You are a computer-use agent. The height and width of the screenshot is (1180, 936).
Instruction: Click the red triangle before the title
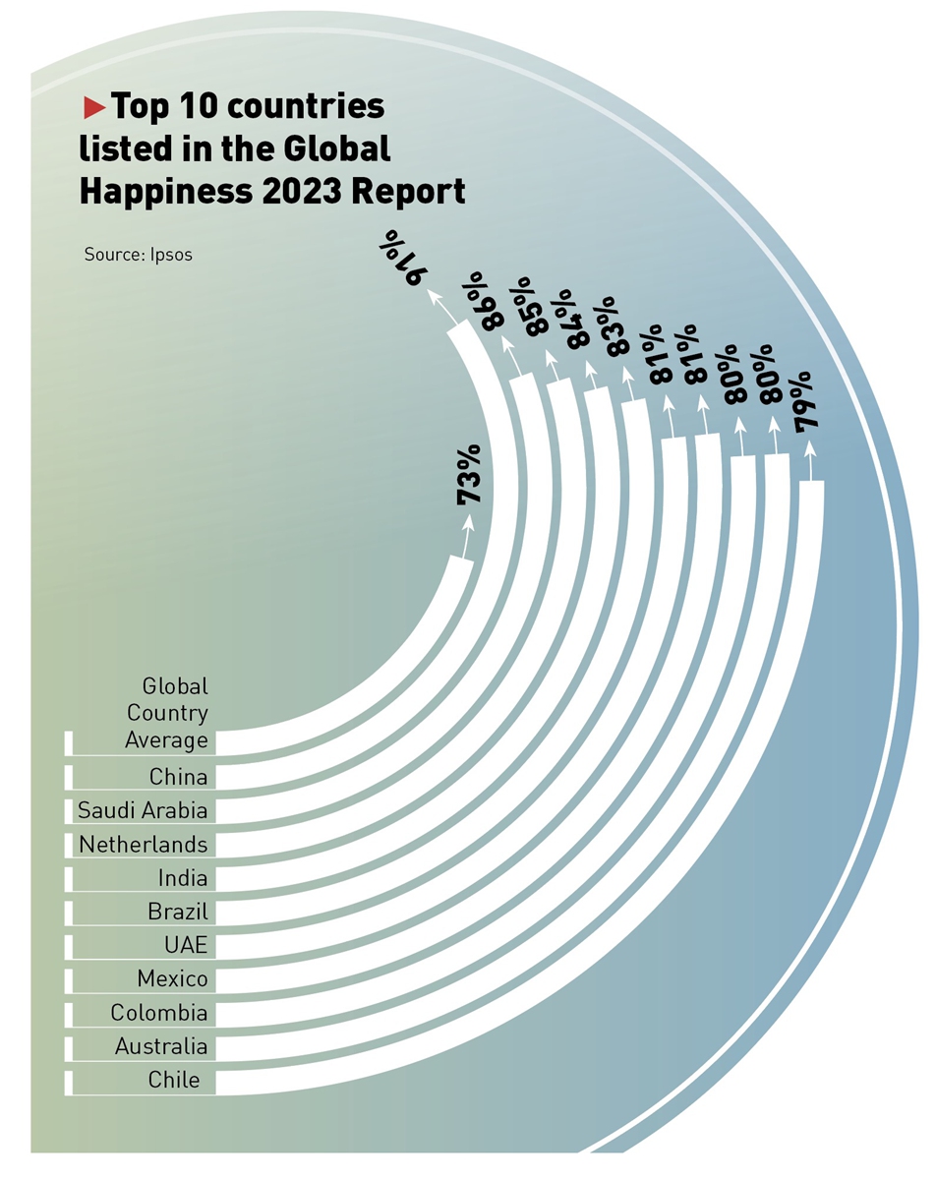point(94,105)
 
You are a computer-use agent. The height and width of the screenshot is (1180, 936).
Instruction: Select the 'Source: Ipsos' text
point(138,255)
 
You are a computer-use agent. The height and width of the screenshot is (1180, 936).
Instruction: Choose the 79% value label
point(808,403)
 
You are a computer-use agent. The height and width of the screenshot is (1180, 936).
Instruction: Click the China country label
point(178,778)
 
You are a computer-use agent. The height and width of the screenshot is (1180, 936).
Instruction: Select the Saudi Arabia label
point(144,811)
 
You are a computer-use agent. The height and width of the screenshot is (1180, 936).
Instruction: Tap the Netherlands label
point(144,845)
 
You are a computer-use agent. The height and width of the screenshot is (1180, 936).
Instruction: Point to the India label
point(183,878)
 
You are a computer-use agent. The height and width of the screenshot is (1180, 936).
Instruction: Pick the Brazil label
point(177,912)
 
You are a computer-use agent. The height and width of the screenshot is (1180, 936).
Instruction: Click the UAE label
point(186,946)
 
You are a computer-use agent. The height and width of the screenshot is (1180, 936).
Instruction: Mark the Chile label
point(174,1080)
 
